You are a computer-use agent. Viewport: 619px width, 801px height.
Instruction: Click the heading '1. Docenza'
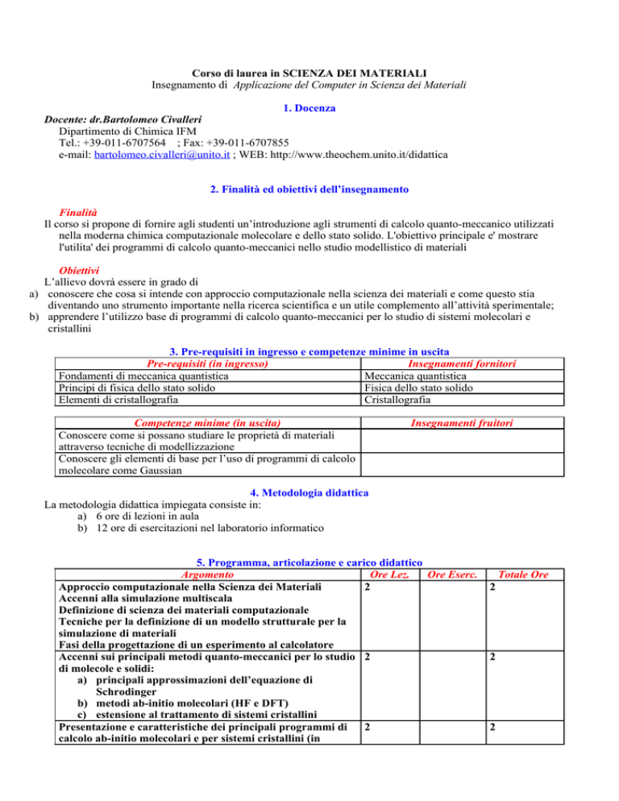pos(309,107)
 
